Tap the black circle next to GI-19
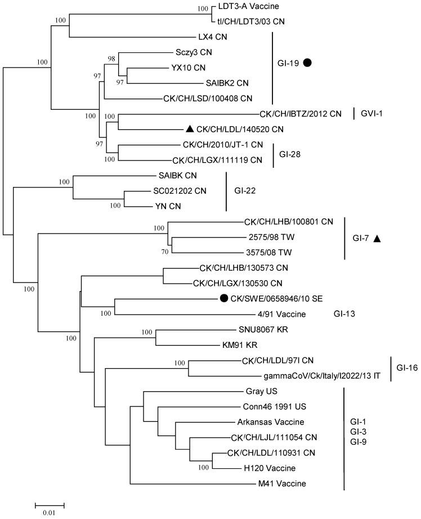(307, 63)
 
